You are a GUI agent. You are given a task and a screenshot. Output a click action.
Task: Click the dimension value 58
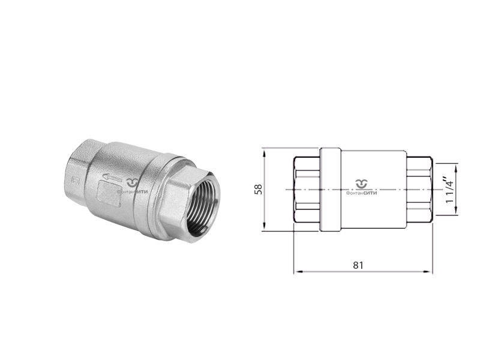click(x=259, y=189)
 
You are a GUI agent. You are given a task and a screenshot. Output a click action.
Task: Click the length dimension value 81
click(x=358, y=265)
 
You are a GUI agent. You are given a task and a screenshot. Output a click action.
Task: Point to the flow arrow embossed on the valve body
click(x=111, y=176)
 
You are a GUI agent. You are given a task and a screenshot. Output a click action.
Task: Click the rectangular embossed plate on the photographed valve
click(x=109, y=193)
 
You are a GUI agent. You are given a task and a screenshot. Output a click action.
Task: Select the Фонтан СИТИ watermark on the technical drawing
click(x=362, y=187)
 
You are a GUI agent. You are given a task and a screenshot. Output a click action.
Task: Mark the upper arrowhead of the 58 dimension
click(x=264, y=152)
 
